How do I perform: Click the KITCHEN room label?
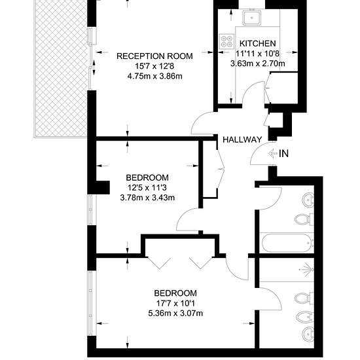point(258,43)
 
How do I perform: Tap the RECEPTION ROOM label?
point(154,56)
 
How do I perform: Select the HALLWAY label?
point(242,139)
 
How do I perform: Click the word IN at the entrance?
point(283,154)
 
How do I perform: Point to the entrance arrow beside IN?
point(272,153)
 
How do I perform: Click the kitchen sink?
point(252,18)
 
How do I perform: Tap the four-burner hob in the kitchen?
point(226,41)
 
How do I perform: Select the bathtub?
point(287,243)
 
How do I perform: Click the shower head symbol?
point(307,269)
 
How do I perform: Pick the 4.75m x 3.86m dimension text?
point(154,76)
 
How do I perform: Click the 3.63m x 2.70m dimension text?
point(258,63)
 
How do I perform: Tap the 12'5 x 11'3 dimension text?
point(147,188)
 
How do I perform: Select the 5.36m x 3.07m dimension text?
point(175,314)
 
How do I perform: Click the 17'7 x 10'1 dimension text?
point(175,303)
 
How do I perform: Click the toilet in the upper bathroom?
point(304,220)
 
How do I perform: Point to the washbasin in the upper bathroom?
point(308,200)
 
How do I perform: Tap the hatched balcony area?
point(61,69)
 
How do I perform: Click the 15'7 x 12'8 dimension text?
point(154,66)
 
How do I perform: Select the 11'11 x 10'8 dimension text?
point(258,54)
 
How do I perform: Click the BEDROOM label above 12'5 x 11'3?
point(147,177)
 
